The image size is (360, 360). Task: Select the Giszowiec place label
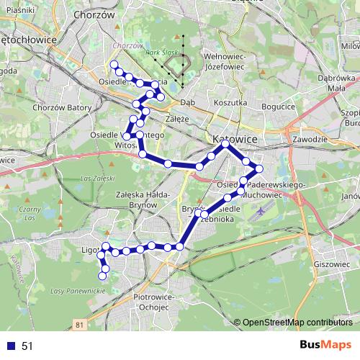point(331,264)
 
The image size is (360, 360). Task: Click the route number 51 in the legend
point(27,346)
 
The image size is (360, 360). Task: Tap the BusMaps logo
point(325,345)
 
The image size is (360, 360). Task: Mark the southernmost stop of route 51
point(104,276)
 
